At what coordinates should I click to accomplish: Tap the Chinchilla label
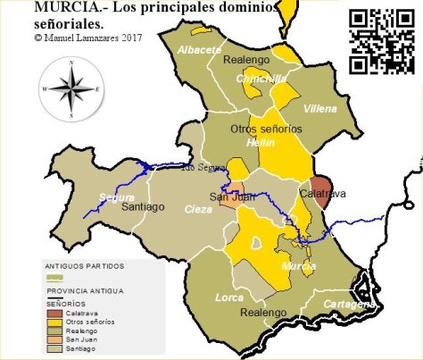261,79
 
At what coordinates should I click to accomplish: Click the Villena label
320,109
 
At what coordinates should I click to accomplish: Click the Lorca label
229,297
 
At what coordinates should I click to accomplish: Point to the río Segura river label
203,167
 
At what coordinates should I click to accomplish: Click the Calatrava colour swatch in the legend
55,313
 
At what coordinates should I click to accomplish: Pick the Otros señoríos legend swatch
55,322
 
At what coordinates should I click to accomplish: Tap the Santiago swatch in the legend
55,348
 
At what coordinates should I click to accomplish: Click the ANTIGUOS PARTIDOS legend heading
85,266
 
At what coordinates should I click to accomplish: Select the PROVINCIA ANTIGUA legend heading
85,291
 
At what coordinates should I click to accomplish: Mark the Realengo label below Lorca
264,313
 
